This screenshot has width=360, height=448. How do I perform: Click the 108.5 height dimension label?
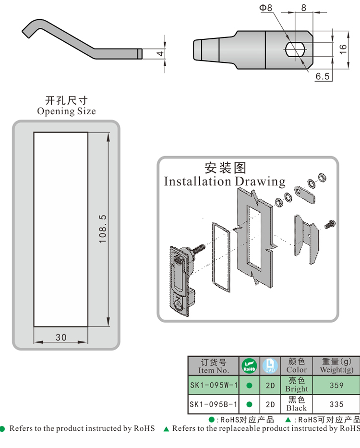coord(102,229)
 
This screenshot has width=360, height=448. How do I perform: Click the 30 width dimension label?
coord(61,337)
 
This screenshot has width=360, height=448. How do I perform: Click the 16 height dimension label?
coord(343,48)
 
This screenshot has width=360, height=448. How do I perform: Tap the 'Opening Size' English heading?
coord(66,111)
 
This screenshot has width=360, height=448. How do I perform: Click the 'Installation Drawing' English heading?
coord(225,182)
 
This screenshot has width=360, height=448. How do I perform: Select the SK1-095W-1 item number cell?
coord(213,385)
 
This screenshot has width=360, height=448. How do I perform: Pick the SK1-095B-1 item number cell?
coord(213,404)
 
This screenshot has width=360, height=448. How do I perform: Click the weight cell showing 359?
coord(336,385)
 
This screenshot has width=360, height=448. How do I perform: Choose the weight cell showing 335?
coord(336,404)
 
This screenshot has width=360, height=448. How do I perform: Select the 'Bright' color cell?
coord(296,385)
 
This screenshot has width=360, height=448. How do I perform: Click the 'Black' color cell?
coord(296,404)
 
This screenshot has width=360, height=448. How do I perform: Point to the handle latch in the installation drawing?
coord(179,281)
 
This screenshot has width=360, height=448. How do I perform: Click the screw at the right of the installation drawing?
coord(330,224)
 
